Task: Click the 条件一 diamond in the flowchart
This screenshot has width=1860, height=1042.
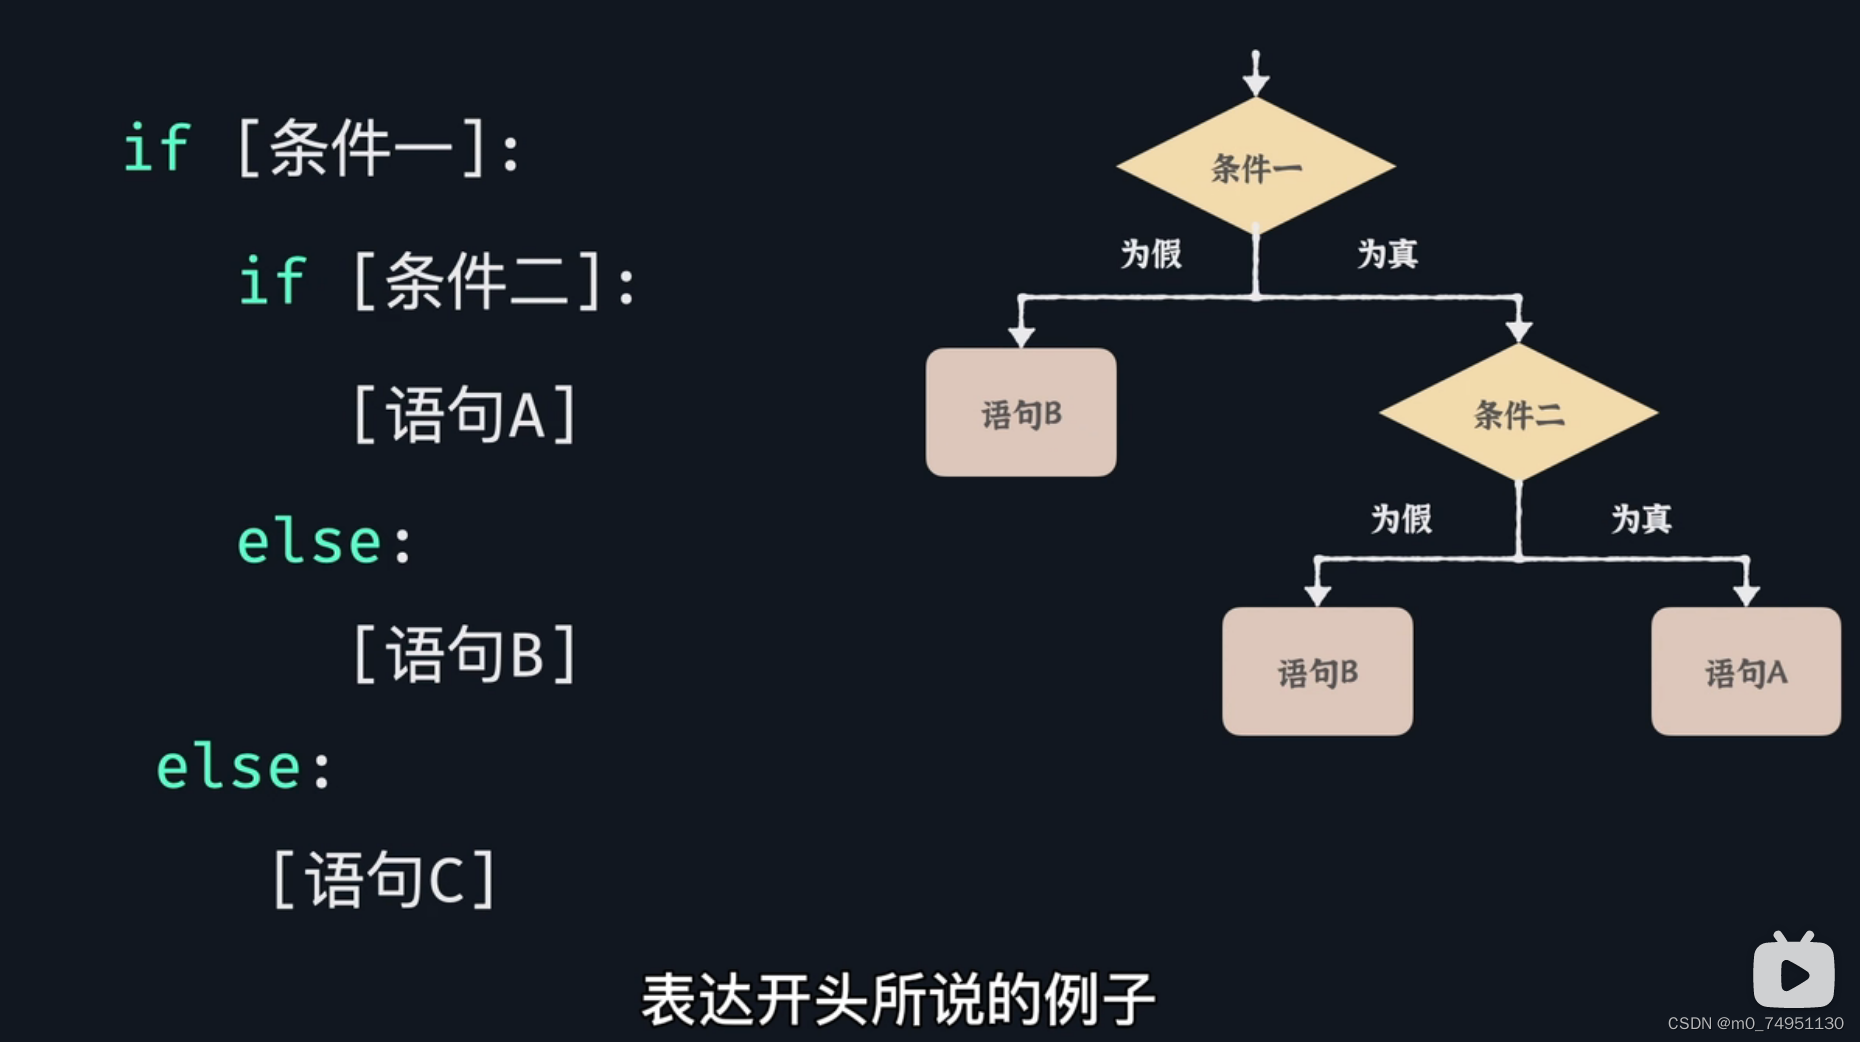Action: coord(1256,167)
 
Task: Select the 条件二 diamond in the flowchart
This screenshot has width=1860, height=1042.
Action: coord(1518,413)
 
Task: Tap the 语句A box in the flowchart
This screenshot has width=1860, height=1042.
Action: coord(1745,672)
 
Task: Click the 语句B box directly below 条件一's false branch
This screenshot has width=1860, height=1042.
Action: coord(1021,413)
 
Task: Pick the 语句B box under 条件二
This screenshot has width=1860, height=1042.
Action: coord(1317,672)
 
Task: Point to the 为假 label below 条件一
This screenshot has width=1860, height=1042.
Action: coord(1151,254)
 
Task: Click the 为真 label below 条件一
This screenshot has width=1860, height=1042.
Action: coord(1387,254)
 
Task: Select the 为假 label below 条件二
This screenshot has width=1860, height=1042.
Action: coord(1401,519)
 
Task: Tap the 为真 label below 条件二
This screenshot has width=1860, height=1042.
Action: coord(1641,519)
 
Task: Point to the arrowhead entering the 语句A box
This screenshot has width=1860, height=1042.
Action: coord(1746,595)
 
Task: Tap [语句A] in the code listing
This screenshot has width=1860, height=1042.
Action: coord(465,414)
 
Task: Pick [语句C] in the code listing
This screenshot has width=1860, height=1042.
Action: coord(384,880)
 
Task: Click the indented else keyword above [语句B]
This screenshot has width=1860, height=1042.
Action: coord(310,543)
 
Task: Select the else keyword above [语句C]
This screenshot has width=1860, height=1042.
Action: coord(229,768)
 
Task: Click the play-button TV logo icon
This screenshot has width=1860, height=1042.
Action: coord(1793,972)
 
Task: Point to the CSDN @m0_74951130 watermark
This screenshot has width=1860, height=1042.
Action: coord(1755,1023)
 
